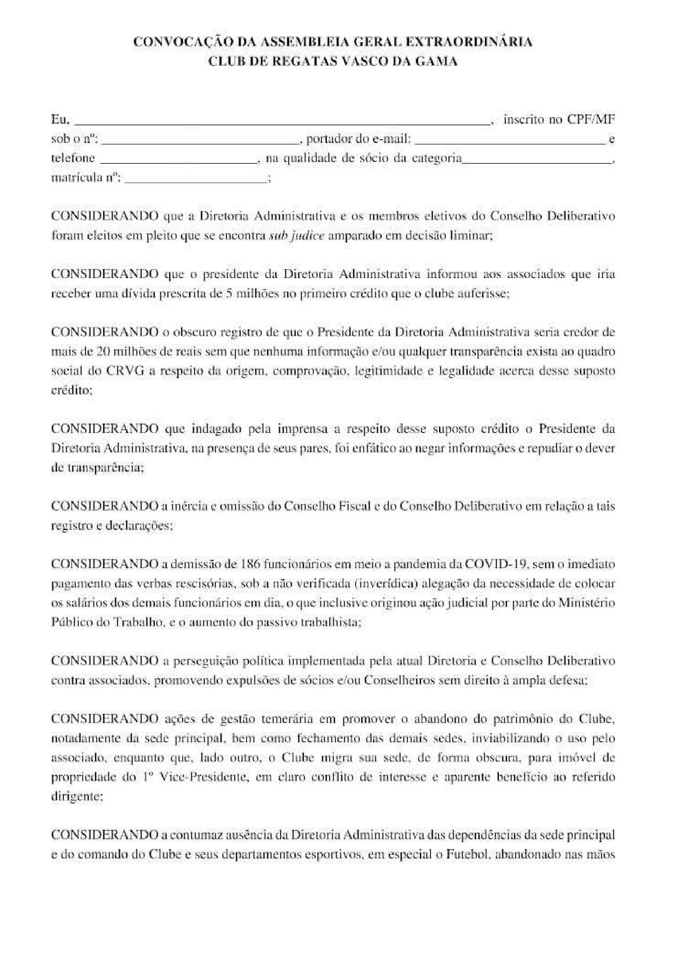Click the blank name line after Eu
click(x=282, y=121)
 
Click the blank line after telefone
click(x=178, y=160)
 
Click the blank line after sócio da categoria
click(x=537, y=160)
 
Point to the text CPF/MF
click(x=591, y=119)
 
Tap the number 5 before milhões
click(x=228, y=293)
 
